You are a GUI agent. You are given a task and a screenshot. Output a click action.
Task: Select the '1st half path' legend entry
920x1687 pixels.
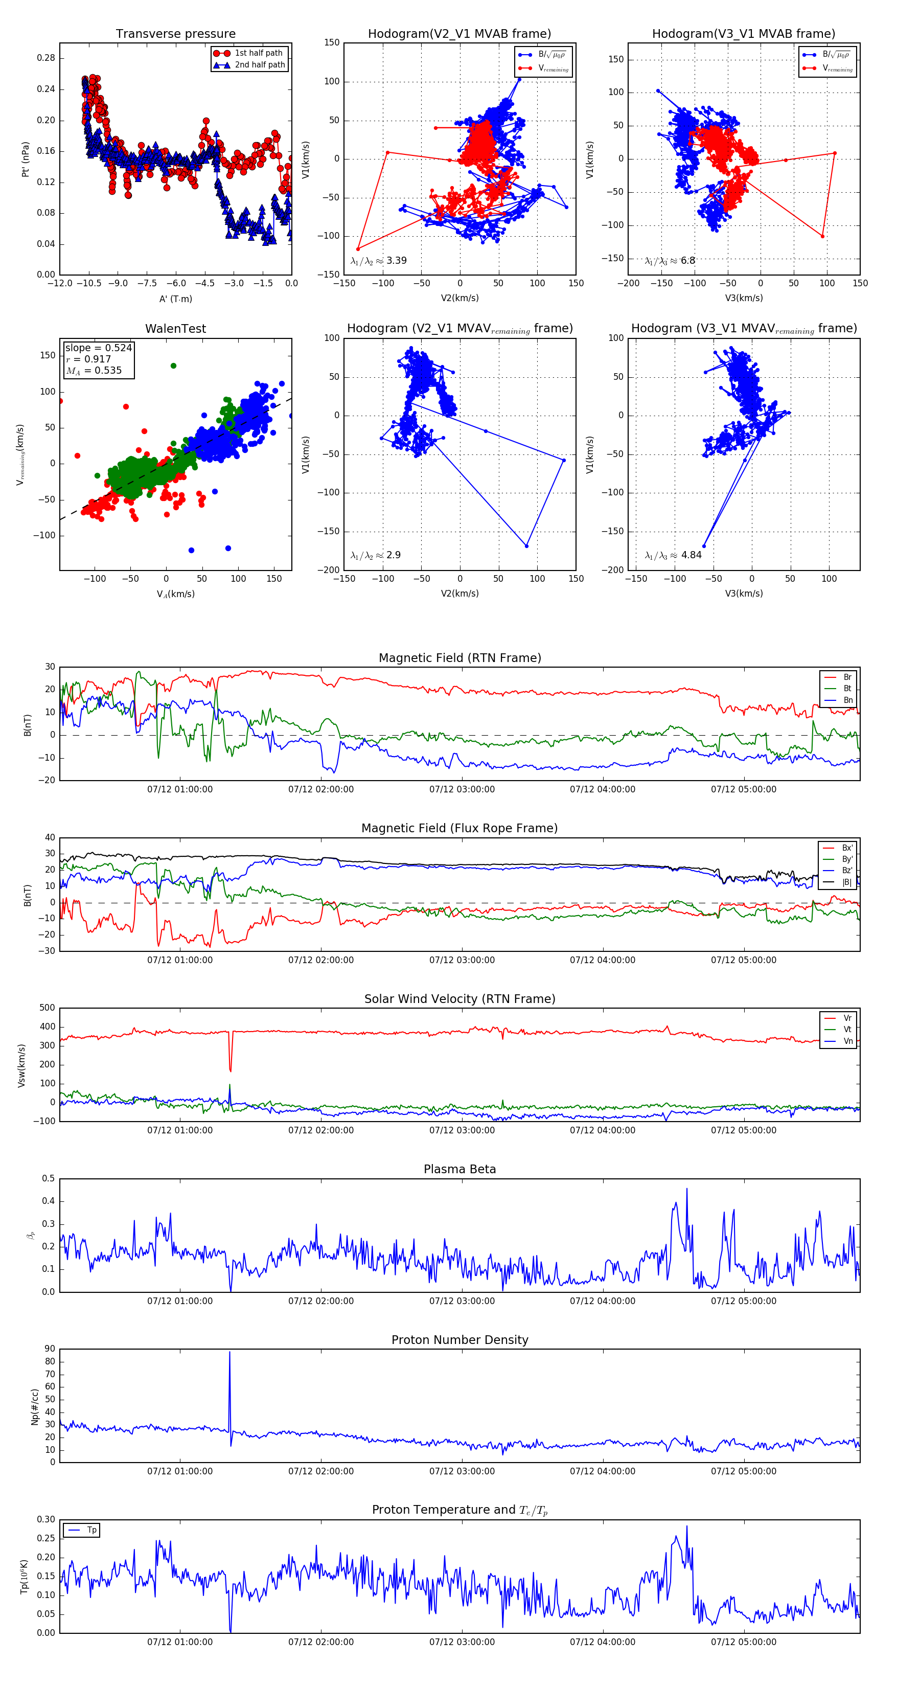click(258, 53)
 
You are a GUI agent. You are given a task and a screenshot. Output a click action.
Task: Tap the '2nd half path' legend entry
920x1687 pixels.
click(259, 65)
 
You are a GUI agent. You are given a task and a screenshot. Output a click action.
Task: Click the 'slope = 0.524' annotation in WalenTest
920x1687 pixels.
click(98, 348)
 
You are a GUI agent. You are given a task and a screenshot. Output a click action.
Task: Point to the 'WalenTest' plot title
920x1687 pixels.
click(175, 329)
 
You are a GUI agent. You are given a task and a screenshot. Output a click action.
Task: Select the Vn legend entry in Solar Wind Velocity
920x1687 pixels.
click(847, 1041)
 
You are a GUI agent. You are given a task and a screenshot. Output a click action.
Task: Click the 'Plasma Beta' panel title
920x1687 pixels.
click(459, 1169)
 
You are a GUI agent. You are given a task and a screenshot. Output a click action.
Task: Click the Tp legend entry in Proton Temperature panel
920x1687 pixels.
click(91, 1531)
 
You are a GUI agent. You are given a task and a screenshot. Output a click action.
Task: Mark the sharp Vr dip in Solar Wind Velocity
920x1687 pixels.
click(230, 1069)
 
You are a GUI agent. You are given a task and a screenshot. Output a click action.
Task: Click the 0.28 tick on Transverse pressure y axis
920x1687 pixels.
click(46, 58)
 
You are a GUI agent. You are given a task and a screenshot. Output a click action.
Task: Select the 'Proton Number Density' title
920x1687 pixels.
click(459, 1340)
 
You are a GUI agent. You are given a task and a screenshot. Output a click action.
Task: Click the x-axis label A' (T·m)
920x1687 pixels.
click(175, 299)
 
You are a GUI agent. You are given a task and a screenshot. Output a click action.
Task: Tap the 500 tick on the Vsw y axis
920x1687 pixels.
click(47, 1008)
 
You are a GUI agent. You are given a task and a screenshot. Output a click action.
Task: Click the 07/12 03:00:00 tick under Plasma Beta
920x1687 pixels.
click(462, 1301)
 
